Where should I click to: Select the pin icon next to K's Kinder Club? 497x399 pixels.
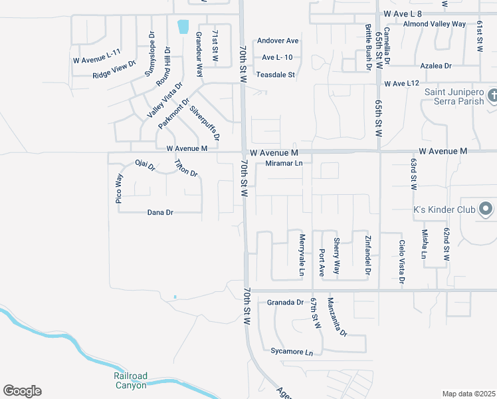[486, 209]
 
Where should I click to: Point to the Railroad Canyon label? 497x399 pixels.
[130, 380]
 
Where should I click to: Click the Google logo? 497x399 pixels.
[22, 391]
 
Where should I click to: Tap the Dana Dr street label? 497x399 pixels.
[159, 213]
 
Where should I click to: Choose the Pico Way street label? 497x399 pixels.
[120, 188]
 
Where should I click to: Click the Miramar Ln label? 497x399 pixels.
[284, 164]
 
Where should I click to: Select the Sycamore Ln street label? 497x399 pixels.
[291, 351]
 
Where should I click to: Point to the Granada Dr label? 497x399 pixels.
[285, 303]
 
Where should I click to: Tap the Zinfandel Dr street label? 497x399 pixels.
[367, 255]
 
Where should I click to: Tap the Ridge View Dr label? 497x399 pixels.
[114, 69]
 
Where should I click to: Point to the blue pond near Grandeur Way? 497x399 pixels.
[183, 27]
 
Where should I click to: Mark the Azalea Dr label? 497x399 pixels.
[436, 66]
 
